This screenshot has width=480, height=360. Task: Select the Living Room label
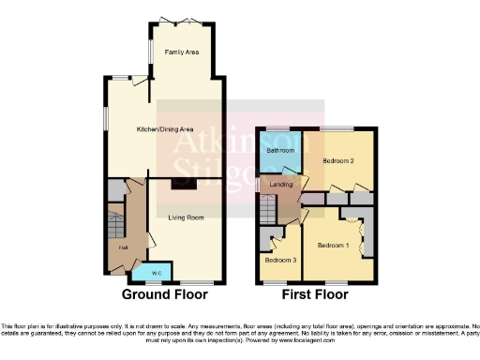(x=186, y=218)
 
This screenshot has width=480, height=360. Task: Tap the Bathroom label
(x=279, y=150)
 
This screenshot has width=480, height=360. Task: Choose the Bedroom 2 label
(x=338, y=161)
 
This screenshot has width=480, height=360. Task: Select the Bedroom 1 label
(x=332, y=246)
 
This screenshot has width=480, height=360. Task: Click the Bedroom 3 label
(x=280, y=260)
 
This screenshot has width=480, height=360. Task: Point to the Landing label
(x=281, y=185)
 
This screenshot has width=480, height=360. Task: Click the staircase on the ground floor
(x=113, y=224)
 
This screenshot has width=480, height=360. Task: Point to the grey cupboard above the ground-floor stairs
(x=114, y=190)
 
